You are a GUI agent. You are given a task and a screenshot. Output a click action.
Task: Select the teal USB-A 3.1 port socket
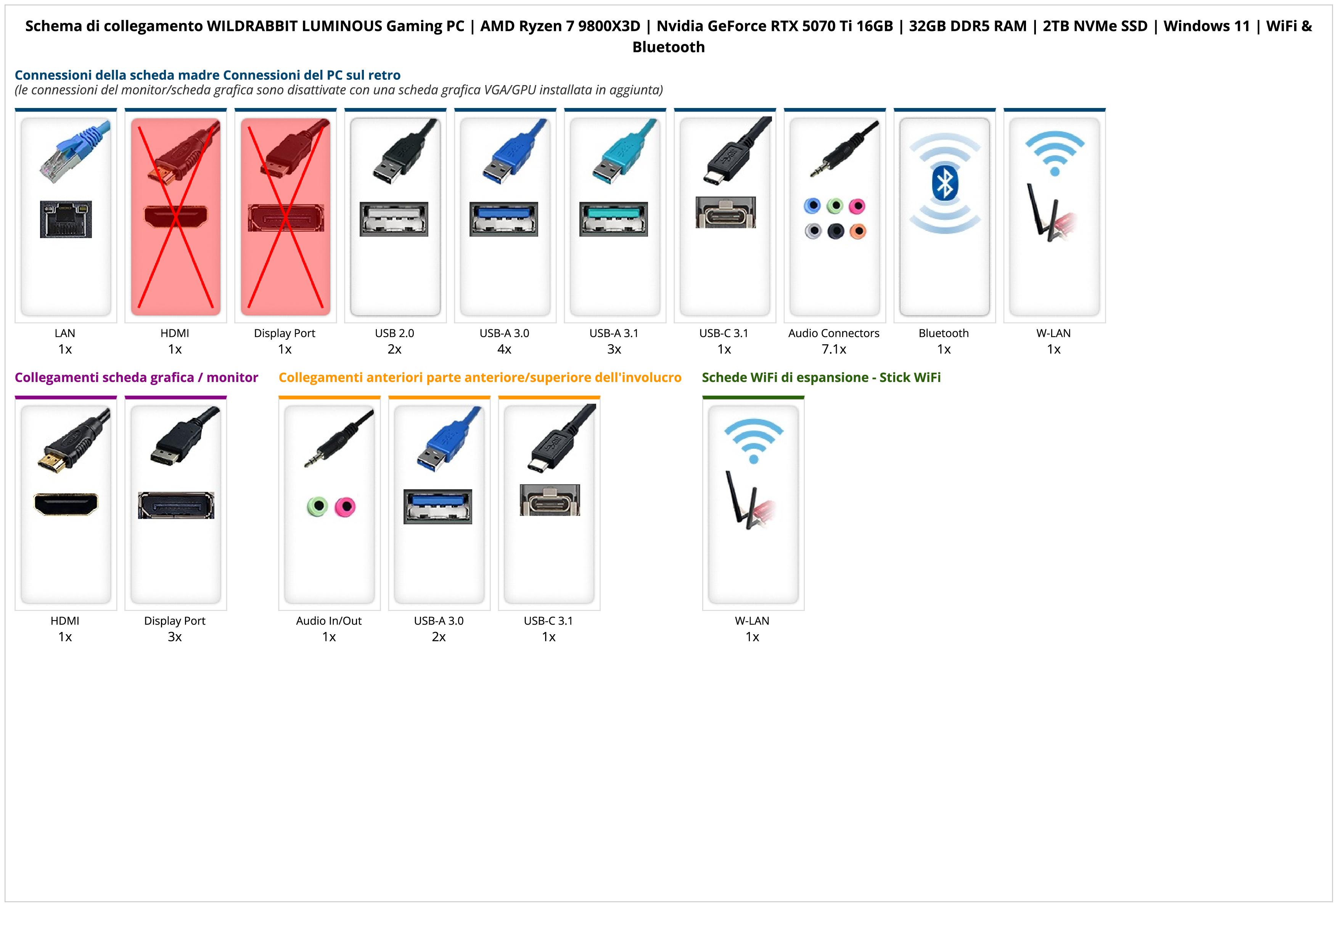(x=614, y=219)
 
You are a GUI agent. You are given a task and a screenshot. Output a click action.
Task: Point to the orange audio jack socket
(x=857, y=231)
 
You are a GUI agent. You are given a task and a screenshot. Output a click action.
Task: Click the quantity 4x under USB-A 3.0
(x=504, y=349)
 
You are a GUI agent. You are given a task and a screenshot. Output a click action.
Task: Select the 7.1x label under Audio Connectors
(x=834, y=349)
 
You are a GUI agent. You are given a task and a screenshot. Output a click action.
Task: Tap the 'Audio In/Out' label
(x=329, y=621)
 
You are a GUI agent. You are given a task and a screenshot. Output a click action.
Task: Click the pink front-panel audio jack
(x=345, y=506)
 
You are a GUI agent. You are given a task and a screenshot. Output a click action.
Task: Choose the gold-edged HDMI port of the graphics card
(x=66, y=504)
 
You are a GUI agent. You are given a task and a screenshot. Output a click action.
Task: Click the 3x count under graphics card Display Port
(x=175, y=637)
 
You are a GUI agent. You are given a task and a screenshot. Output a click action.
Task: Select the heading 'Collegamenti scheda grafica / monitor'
(x=137, y=378)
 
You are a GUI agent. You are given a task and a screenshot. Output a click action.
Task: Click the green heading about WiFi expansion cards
(x=821, y=378)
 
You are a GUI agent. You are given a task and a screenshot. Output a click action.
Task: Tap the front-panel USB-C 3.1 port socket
(x=550, y=500)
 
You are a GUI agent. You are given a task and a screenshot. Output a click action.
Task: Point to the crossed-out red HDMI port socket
(x=175, y=216)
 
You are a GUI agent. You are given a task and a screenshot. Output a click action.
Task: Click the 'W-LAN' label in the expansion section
(x=752, y=621)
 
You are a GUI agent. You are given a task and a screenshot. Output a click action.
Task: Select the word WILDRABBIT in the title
(x=252, y=26)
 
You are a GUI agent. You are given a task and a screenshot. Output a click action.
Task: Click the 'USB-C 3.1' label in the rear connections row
(x=724, y=334)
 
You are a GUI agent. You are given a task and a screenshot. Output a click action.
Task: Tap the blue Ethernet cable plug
(x=76, y=151)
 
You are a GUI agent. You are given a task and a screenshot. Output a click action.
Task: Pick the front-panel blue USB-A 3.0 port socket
(x=437, y=506)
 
